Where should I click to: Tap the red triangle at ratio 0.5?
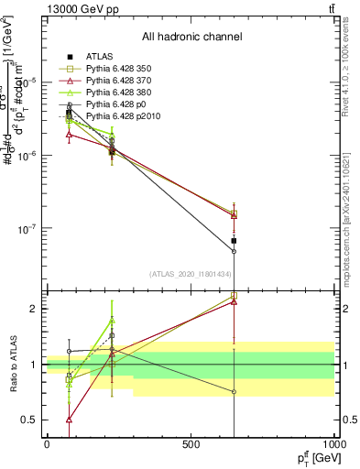[70, 420]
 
